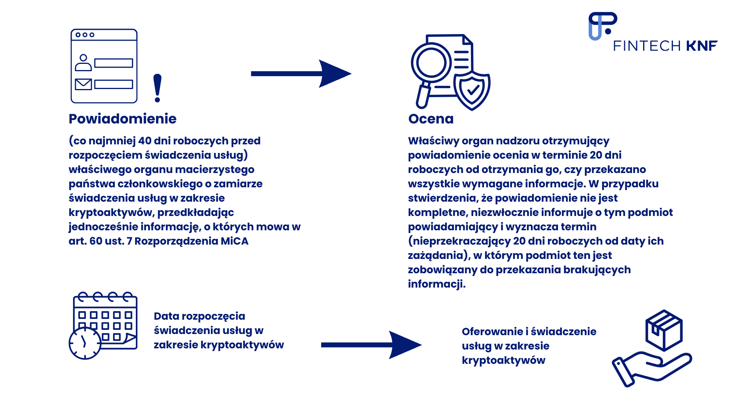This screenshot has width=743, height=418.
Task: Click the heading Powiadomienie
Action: pyautogui.click(x=122, y=119)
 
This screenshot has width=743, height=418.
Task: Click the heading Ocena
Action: pyautogui.click(x=431, y=119)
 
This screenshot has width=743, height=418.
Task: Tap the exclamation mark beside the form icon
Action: pyautogui.click(x=157, y=88)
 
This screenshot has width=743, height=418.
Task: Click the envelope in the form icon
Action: pyautogui.click(x=83, y=84)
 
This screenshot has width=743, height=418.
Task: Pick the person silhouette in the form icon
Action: pyautogui.click(x=83, y=63)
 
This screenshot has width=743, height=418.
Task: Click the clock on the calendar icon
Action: pyautogui.click(x=85, y=343)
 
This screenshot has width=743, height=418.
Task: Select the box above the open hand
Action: pyautogui.click(x=664, y=330)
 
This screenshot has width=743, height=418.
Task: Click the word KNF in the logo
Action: pyautogui.click(x=702, y=46)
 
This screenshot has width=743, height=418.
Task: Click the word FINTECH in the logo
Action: pyautogui.click(x=647, y=46)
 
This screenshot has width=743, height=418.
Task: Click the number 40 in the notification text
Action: pyautogui.click(x=145, y=141)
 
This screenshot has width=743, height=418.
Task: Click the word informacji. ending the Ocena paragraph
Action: pyautogui.click(x=437, y=284)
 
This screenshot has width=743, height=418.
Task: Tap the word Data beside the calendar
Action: pyautogui.click(x=166, y=316)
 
